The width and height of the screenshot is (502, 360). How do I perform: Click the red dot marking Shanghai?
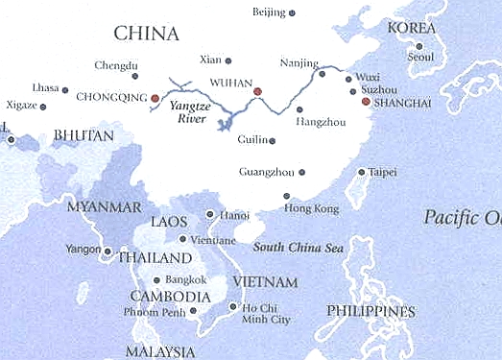366,100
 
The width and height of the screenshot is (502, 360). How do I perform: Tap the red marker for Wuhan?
258,91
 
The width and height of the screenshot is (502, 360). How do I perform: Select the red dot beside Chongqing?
155,98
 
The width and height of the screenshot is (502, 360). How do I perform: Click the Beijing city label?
269,12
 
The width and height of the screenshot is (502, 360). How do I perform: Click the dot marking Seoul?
420,45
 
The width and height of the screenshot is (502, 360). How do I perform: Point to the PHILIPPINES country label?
371,312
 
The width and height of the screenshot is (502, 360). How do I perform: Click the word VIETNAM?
266,281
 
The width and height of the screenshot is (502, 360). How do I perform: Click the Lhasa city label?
45,87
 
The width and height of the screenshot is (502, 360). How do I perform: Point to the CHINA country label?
146,35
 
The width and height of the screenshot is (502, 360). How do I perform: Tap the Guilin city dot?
273,141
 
